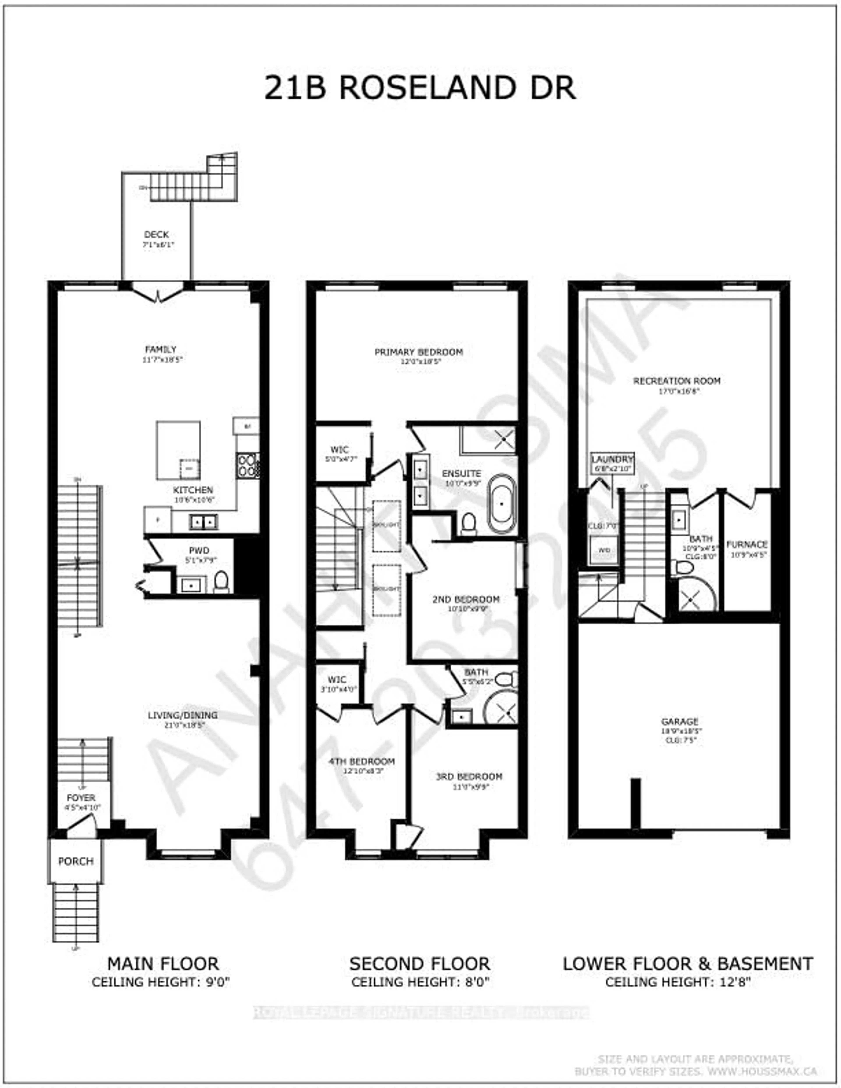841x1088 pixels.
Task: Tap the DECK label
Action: coord(156,234)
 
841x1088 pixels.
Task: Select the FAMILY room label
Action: coord(161,349)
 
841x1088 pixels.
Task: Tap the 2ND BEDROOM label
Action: coord(466,599)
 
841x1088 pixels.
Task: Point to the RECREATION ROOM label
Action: coord(677,381)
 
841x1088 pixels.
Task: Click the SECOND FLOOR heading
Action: coord(419,963)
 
